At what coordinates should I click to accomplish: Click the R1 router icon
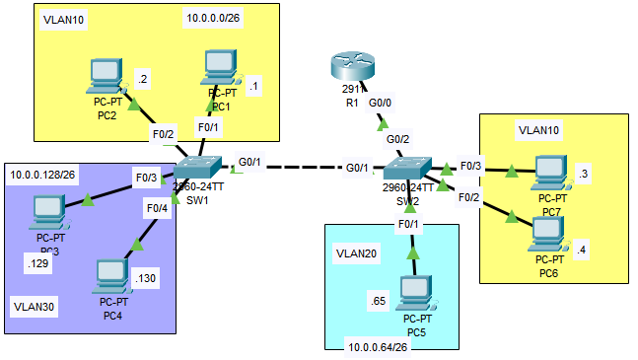(x=352, y=66)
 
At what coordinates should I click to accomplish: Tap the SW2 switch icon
(x=408, y=168)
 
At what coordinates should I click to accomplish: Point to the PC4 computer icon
(x=112, y=277)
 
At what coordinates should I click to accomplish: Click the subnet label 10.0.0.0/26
(x=213, y=19)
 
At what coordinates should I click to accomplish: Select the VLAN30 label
(x=35, y=307)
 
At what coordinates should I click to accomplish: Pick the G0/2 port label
(x=397, y=139)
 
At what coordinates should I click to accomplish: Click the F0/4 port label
(x=157, y=208)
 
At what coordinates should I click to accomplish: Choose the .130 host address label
(x=145, y=278)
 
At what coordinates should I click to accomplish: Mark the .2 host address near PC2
(x=143, y=79)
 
